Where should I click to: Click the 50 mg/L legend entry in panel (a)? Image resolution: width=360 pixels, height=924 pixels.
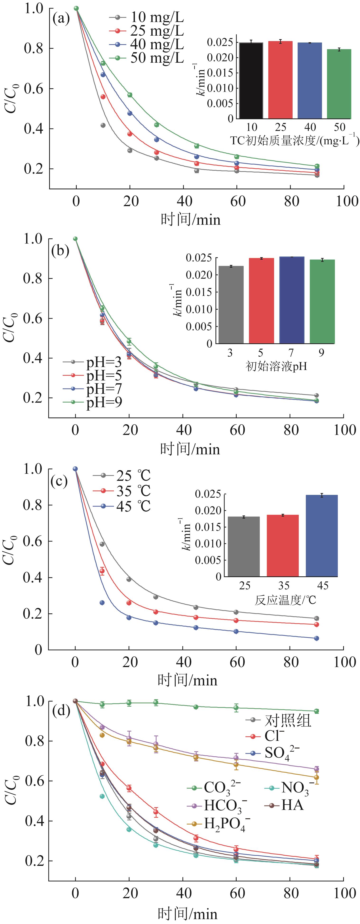147,58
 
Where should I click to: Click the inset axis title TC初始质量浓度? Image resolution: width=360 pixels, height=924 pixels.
294,140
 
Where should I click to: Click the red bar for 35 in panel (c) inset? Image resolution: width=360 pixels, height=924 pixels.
283,545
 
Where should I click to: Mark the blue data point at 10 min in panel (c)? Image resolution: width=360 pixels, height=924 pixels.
102,603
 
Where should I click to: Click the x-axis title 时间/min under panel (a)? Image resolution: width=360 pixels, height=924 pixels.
190,219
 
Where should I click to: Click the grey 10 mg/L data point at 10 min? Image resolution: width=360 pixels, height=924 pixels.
103,125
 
